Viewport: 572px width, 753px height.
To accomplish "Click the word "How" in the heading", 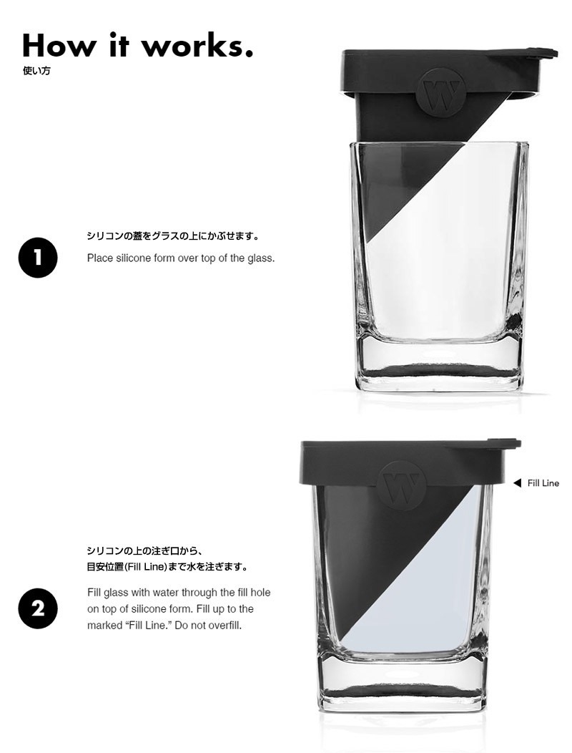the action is pos(59,46).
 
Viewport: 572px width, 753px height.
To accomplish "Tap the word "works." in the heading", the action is pos(197,46).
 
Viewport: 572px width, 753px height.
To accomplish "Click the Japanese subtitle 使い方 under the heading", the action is pos(36,71).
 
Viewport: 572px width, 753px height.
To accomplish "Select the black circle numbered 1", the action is pos(38,258).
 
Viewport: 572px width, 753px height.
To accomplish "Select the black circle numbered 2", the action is pos(38,608).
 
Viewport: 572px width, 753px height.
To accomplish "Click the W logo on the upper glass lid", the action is pos(441,92).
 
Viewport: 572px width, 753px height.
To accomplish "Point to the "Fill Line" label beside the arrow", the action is pos(543,483).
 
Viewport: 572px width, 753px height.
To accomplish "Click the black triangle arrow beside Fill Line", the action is pos(517,483).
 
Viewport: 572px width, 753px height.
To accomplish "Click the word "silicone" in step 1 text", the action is pos(134,258).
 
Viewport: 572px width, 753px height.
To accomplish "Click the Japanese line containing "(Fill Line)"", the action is pos(168,567).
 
